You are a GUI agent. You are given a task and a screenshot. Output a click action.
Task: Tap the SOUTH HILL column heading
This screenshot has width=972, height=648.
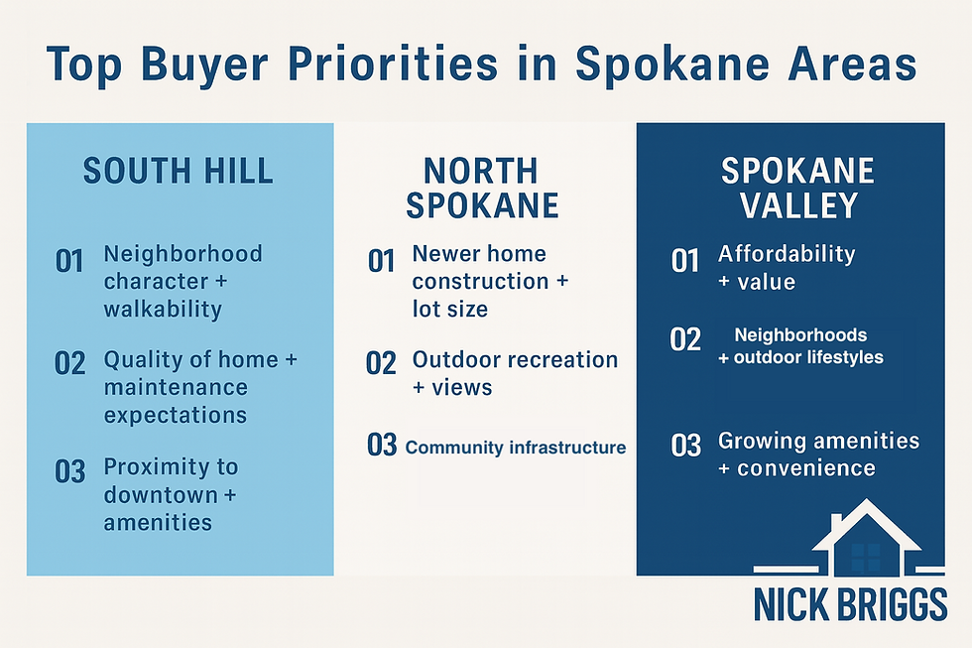(x=179, y=172)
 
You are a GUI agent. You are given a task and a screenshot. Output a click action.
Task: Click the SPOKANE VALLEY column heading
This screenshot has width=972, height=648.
(x=797, y=188)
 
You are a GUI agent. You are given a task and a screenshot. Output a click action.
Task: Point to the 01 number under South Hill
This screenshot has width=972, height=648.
(x=69, y=263)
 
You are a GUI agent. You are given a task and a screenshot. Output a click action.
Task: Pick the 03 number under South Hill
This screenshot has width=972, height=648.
(x=70, y=471)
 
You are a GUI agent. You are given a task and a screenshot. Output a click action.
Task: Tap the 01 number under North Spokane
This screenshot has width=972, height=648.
(x=382, y=263)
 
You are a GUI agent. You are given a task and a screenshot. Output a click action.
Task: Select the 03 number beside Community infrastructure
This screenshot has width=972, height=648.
(x=382, y=446)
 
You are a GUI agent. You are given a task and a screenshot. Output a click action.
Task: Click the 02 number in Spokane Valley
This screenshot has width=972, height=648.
(x=685, y=340)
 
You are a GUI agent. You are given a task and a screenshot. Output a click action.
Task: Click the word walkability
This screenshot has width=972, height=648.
(x=163, y=309)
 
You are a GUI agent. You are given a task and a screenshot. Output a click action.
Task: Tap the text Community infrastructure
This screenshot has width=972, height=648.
(x=516, y=448)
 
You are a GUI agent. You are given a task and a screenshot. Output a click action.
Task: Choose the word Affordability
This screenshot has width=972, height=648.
(x=787, y=254)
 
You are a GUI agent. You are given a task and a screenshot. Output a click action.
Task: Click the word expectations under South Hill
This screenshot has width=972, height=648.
(x=176, y=414)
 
